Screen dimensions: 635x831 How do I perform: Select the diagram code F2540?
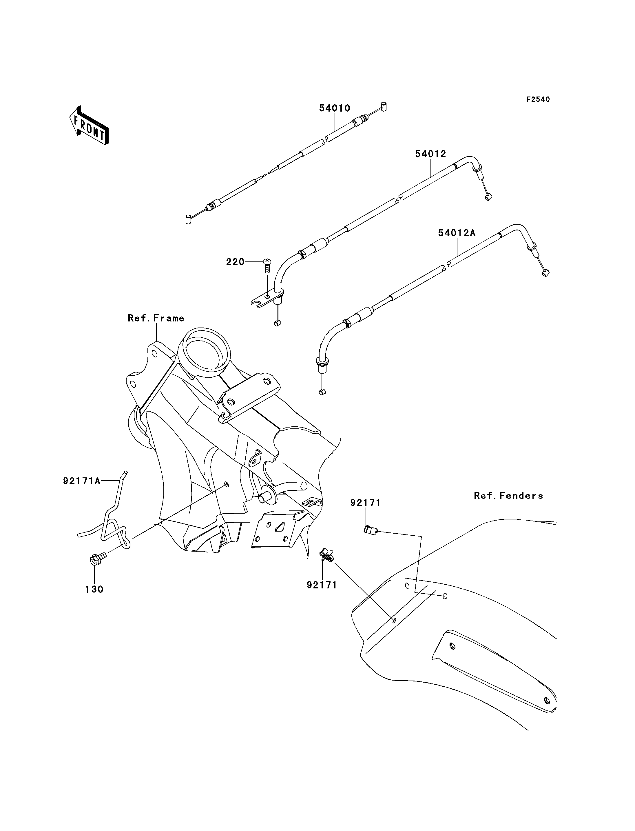click(538, 99)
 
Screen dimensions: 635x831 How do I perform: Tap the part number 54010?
click(335, 108)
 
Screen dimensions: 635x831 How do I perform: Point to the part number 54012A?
click(457, 233)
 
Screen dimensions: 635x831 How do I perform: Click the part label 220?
click(235, 262)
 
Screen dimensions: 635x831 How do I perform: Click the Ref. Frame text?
click(156, 318)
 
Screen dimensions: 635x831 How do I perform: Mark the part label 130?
click(94, 589)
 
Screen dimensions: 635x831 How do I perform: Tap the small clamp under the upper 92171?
click(371, 530)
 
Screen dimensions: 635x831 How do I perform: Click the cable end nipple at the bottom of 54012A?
click(322, 392)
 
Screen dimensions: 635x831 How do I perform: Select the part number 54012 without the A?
click(430, 154)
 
